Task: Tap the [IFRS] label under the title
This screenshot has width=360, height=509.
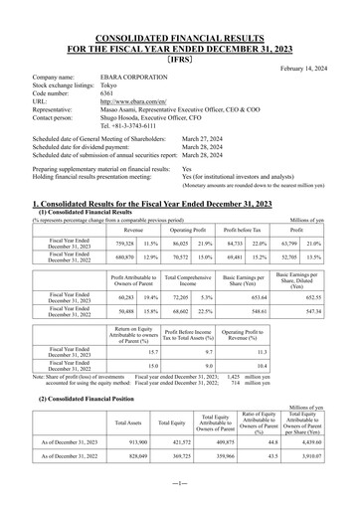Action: click(179, 57)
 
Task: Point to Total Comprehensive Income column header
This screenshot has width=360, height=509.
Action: click(183, 276)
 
